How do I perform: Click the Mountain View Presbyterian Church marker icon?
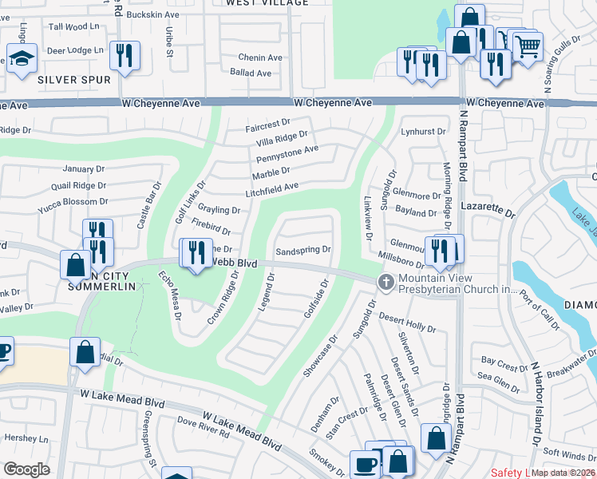point(385,281)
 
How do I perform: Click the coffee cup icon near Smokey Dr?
point(366,464)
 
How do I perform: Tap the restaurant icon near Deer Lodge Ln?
point(125,54)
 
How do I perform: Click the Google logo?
point(26,469)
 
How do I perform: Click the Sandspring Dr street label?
point(302,251)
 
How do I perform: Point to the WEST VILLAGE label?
point(267,3)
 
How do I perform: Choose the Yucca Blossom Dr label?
point(73,202)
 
